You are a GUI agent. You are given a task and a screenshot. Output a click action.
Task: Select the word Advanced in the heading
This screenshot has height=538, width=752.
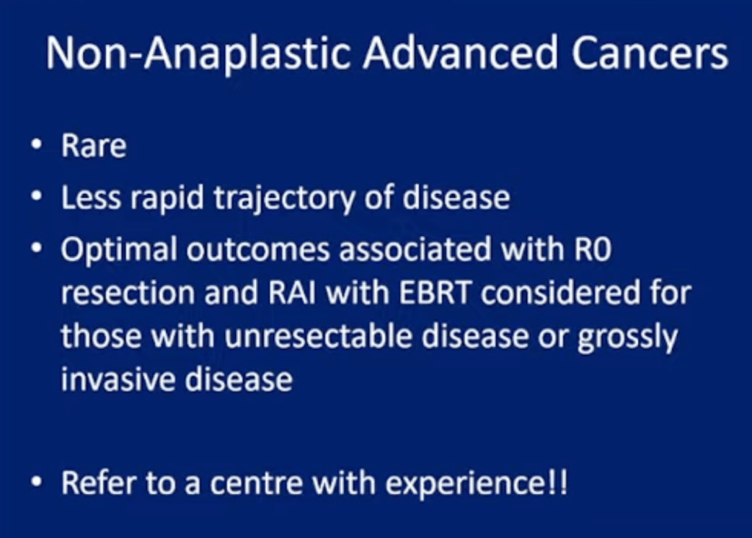point(460,53)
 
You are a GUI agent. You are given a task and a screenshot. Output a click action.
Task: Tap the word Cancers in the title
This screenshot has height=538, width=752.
point(650,54)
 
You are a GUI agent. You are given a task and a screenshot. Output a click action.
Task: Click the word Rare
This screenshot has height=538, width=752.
point(94,146)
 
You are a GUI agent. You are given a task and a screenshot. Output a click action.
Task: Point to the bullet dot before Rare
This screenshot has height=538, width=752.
point(37,144)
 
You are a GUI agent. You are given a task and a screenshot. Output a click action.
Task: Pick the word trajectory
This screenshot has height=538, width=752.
point(284,198)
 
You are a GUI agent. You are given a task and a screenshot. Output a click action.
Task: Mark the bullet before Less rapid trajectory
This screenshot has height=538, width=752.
point(37,196)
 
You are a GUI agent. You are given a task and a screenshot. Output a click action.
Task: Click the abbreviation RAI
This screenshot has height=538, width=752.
point(292,293)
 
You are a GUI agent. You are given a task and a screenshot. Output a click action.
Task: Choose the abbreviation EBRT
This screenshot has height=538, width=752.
point(435,293)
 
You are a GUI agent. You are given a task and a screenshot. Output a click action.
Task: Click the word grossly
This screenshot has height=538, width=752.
point(627,337)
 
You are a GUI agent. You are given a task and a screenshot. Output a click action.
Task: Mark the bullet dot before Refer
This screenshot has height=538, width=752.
point(37,481)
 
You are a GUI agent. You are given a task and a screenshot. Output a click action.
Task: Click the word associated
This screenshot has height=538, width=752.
point(415,249)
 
